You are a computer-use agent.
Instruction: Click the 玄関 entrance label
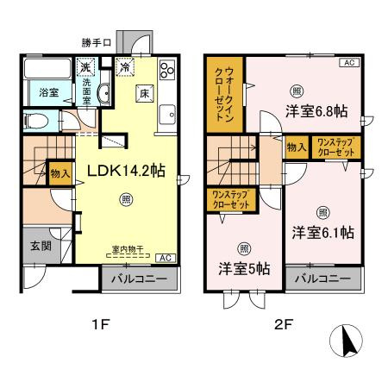[x=30, y=245]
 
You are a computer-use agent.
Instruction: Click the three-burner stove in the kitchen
[x=166, y=72]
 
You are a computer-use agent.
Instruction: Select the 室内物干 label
[x=128, y=250]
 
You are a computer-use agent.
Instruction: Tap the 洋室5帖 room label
[x=244, y=268]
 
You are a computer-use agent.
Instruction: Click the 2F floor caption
[x=285, y=326]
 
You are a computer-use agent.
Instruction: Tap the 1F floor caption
[x=101, y=326]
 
